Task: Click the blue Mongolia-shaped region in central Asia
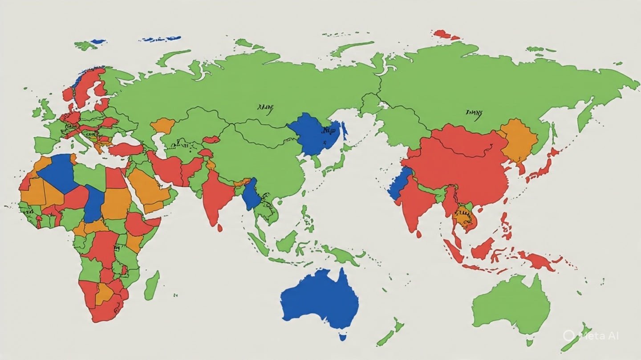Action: tap(314, 133)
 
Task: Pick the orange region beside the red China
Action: tap(519, 140)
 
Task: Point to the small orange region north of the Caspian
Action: tap(162, 125)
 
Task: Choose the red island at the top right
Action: tap(443, 34)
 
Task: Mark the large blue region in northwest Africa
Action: tap(58, 173)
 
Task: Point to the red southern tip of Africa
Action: tap(105, 311)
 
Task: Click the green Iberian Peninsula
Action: tap(45, 144)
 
